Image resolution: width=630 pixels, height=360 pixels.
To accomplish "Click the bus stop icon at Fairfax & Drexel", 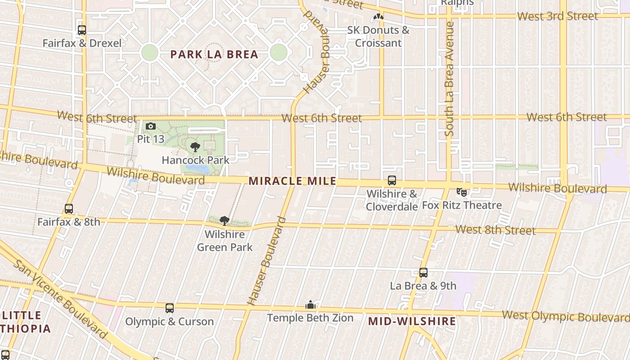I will (x=81, y=30).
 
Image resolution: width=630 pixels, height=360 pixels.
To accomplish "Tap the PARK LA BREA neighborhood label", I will (x=214, y=54).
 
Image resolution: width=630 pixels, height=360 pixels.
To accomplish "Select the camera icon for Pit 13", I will (x=151, y=126).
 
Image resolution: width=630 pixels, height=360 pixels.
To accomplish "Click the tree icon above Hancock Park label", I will (x=195, y=147).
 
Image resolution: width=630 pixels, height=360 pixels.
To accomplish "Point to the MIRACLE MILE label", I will (x=292, y=181).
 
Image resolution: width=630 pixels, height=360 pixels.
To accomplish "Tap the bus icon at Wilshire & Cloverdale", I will (x=392, y=180).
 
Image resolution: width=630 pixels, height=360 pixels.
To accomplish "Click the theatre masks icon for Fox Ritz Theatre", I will (x=461, y=192).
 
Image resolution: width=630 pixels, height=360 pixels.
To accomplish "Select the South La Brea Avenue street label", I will (x=449, y=79).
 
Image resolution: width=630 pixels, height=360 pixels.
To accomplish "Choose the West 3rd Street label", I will (x=557, y=16).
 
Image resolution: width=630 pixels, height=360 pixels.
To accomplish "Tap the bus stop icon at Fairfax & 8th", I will (x=68, y=209).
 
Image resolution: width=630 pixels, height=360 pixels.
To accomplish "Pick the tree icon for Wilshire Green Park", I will (x=225, y=221).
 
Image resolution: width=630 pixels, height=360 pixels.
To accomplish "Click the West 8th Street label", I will (x=495, y=230).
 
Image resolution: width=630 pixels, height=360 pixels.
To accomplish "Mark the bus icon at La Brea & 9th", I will (x=423, y=273).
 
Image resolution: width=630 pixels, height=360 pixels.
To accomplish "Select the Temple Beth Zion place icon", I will (x=310, y=306).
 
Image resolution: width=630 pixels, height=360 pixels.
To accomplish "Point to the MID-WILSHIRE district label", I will (x=412, y=321).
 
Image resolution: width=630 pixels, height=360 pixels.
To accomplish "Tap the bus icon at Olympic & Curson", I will (x=169, y=308).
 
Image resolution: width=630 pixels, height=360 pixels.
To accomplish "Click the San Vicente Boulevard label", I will (x=61, y=299).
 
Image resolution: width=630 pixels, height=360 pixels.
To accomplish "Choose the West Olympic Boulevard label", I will (x=565, y=316).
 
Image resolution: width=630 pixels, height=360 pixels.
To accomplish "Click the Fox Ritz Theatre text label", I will (x=462, y=205).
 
